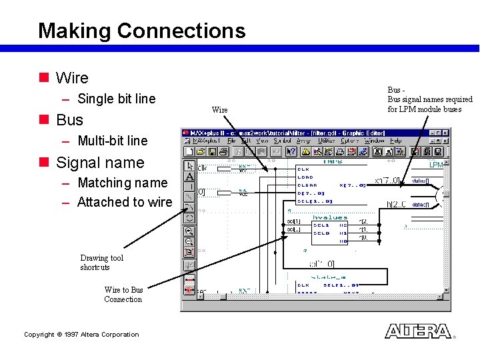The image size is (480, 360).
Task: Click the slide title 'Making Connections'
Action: coord(141,31)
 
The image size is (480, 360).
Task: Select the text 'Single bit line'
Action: coord(116,99)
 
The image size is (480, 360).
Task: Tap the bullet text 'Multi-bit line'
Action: coord(112,141)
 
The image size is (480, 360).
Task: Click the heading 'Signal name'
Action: coord(100,163)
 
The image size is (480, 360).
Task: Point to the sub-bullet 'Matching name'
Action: coord(122,183)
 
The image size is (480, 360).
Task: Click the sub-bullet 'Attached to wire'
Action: coord(124,202)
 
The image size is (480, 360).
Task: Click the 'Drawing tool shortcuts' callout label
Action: coord(101,263)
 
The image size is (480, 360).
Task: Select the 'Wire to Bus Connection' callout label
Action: coord(123,295)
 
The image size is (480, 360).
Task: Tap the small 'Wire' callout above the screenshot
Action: coord(219,109)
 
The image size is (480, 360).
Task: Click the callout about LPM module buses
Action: coord(429,99)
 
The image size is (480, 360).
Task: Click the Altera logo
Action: coord(418,331)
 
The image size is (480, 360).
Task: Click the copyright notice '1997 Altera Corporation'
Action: coord(81,335)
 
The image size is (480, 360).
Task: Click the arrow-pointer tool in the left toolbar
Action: coord(189,165)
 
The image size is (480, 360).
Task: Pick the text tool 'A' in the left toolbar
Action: coord(189,177)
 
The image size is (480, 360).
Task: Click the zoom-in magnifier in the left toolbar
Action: coord(189,231)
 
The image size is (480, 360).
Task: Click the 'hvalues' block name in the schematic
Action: coord(330,217)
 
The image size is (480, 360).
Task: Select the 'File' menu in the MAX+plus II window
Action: coord(231,141)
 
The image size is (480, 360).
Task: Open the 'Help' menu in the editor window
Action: coord(396,141)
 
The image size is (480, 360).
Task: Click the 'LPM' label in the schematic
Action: coord(435,165)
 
